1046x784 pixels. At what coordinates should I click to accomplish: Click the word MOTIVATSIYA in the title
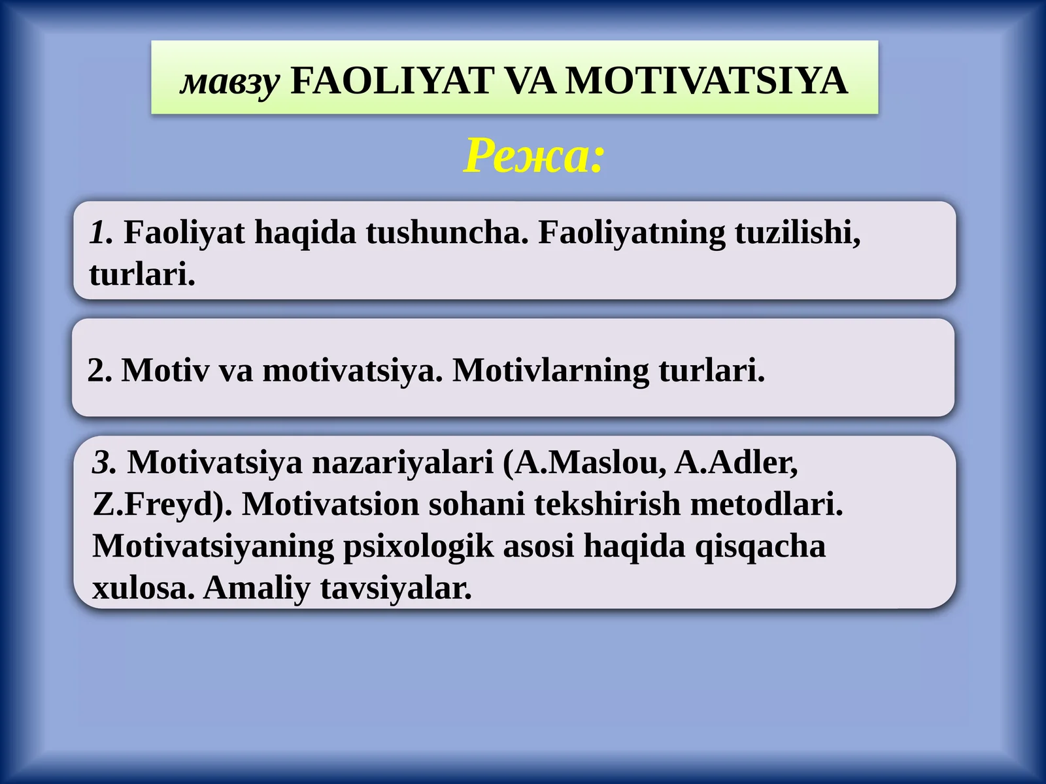(706, 81)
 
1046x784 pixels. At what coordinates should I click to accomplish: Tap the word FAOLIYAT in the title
(391, 81)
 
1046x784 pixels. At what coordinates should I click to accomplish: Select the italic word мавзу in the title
(230, 82)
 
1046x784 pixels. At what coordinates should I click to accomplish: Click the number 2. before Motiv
(99, 370)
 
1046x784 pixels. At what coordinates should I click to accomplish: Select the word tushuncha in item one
(447, 233)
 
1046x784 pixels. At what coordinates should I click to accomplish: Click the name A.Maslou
(590, 463)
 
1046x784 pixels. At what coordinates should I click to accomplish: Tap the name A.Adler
(735, 463)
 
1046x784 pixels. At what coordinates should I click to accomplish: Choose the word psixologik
(418, 546)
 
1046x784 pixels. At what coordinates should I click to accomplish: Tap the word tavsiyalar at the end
(396, 588)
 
